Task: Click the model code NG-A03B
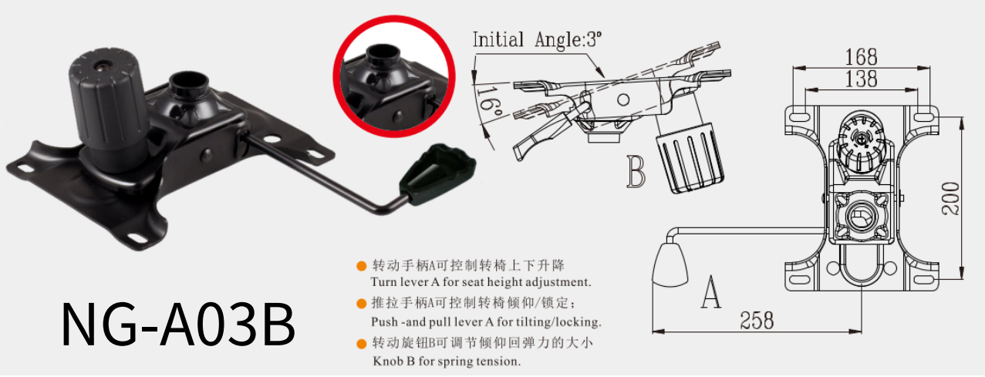[178, 325]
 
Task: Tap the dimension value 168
[861, 56]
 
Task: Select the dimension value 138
[861, 78]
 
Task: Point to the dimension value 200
[950, 198]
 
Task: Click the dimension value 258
[756, 320]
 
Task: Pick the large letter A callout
[710, 292]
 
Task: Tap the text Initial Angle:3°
[536, 39]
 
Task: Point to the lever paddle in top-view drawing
[669, 264]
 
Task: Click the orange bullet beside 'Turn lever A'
[360, 266]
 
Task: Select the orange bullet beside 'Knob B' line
[360, 343]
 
